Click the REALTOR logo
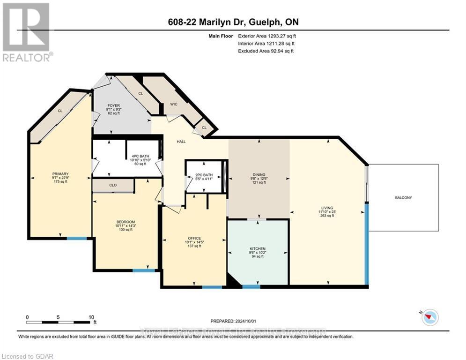pos(26,32)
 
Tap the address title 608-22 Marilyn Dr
pos(232,22)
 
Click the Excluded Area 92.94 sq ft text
pos(266,51)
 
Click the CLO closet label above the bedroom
pos(113,185)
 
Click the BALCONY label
pos(403,198)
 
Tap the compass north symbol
pos(429,317)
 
